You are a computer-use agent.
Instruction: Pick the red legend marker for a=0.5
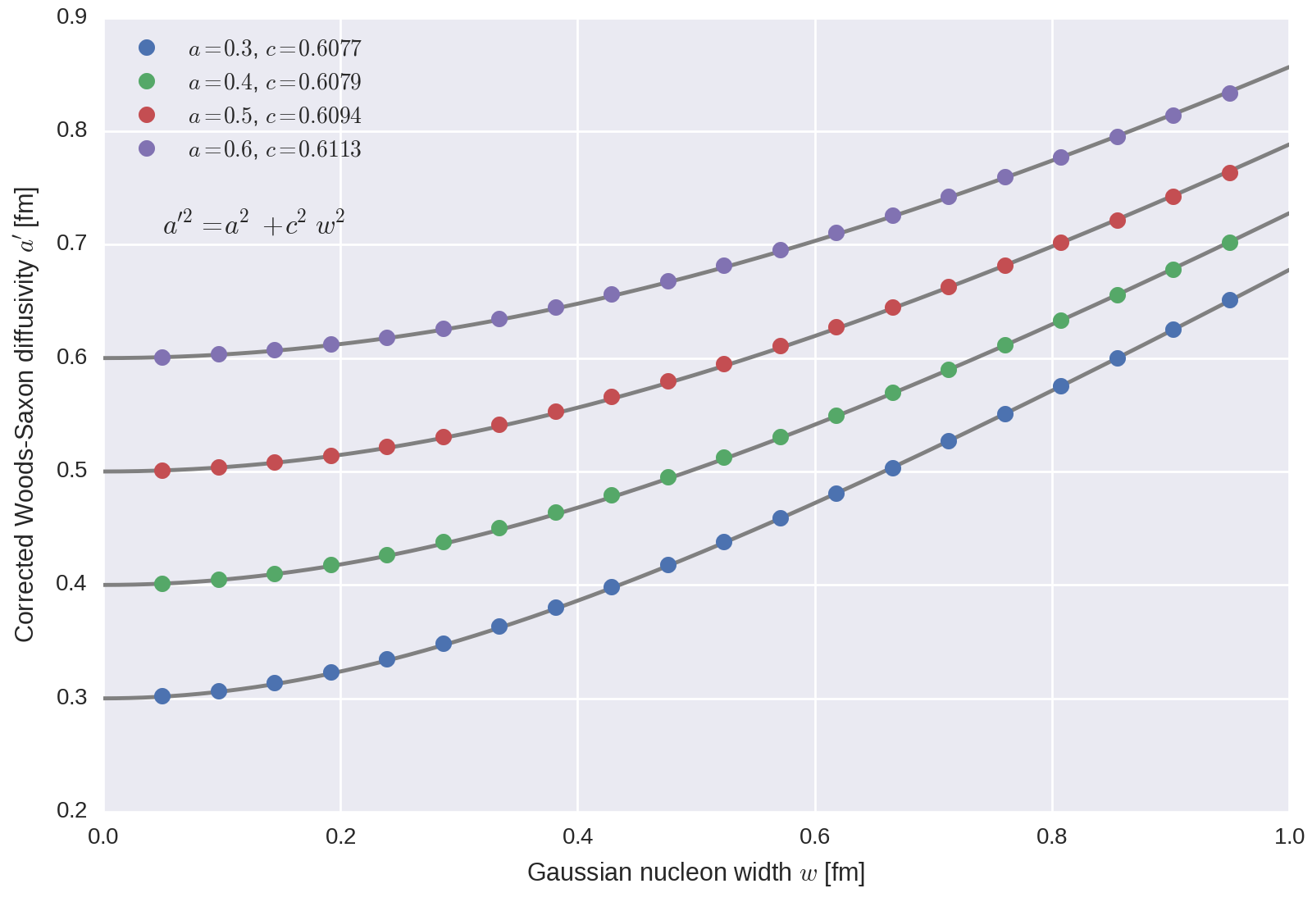[x=147, y=115]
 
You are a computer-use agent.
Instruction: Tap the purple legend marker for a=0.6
[x=147, y=148]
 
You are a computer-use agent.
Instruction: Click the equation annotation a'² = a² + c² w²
[x=253, y=224]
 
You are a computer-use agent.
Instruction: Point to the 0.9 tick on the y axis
[x=72, y=17]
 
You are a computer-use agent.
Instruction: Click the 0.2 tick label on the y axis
[x=72, y=810]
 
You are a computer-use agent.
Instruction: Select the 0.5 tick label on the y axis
[x=72, y=471]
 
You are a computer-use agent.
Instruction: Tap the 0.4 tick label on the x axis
[x=577, y=836]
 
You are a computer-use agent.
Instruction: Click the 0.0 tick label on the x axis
[x=103, y=836]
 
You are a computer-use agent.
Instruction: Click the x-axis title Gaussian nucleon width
[x=695, y=872]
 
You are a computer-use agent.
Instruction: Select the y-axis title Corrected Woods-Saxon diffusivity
[x=25, y=415]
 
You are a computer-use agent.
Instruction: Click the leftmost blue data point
[x=162, y=696]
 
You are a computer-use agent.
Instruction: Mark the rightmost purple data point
[x=1230, y=93]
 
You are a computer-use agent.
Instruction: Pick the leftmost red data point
[x=162, y=471]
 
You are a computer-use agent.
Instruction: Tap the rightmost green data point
[x=1230, y=243]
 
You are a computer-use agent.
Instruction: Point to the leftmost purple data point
[x=162, y=358]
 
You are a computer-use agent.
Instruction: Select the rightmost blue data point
[x=1230, y=300]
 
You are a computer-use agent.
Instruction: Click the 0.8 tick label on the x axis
[x=1052, y=836]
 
